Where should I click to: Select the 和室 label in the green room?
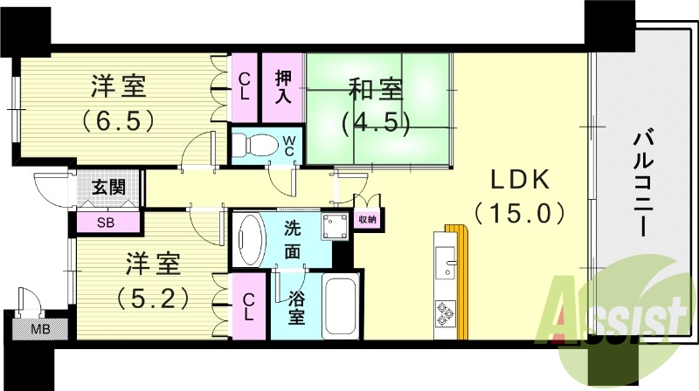377,90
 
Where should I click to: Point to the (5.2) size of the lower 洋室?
153,298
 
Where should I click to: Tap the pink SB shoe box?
106,222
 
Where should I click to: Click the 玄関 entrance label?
107,187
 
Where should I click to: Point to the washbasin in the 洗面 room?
250,237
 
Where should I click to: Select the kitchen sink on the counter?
446,262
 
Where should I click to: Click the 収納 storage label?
368,220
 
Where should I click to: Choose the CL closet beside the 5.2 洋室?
249,305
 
